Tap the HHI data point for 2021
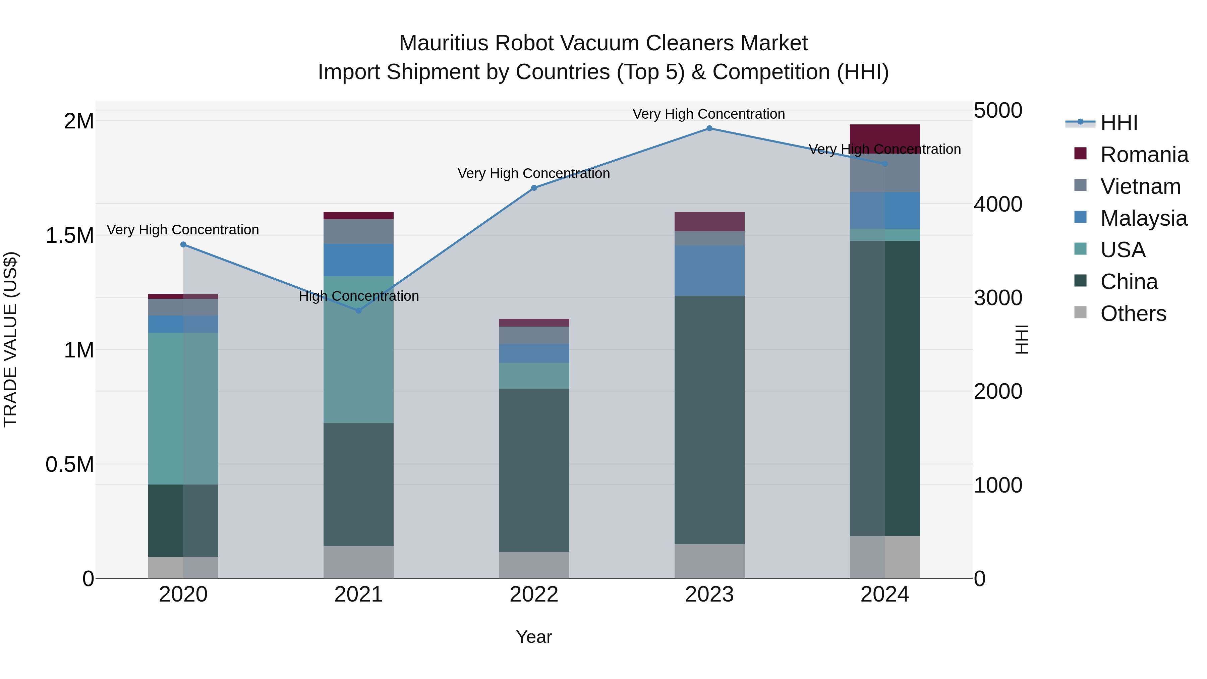pyautogui.click(x=358, y=311)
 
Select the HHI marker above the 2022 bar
pyautogui.click(x=534, y=188)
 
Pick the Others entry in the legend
pyautogui.click(x=1133, y=314)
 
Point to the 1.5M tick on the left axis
pyautogui.click(x=69, y=236)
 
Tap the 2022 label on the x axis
pyautogui.click(x=534, y=595)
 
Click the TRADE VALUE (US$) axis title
pyautogui.click(x=10, y=339)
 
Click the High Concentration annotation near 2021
pyautogui.click(x=358, y=296)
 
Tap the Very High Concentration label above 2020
pyautogui.click(x=183, y=230)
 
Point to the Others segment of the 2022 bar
pyautogui.click(x=534, y=565)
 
